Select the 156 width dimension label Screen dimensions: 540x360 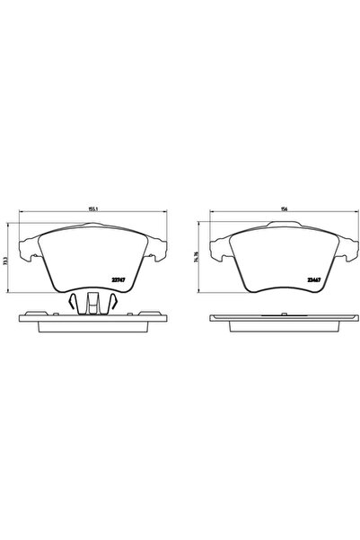283,209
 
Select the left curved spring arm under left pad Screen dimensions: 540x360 72,303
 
